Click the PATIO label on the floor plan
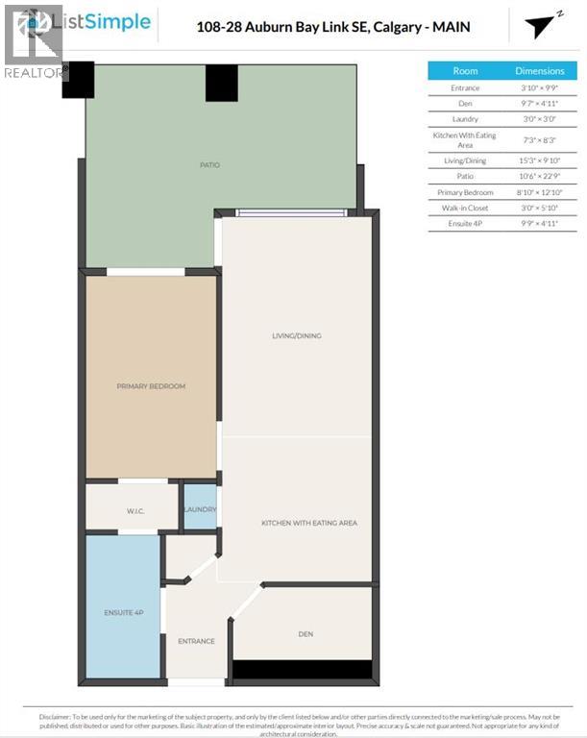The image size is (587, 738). coord(209,165)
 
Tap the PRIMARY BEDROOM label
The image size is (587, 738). coord(151,386)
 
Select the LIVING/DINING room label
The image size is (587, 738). coord(296,336)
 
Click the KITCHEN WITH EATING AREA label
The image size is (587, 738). coord(308,523)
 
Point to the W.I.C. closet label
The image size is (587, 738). coord(134,510)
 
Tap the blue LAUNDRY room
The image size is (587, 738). coord(200,508)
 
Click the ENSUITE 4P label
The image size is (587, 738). coord(122,612)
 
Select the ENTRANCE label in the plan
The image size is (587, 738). coord(196,641)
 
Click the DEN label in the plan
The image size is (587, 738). coord(306,634)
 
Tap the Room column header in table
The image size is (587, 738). coord(465,71)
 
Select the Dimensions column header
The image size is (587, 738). coord(539,71)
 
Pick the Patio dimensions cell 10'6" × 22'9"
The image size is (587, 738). coord(539,176)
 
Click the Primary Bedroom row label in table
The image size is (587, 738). coord(465,192)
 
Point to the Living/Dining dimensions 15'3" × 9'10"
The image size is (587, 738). coord(539,160)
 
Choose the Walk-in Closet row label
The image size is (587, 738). coord(465,208)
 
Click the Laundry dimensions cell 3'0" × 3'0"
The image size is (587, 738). coord(539,118)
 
